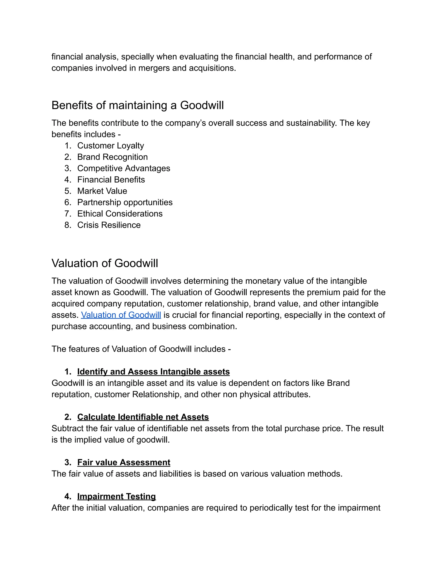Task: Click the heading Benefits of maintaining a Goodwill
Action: tap(138, 105)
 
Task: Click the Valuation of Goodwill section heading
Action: tap(105, 263)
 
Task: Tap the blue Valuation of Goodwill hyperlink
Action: tap(121, 315)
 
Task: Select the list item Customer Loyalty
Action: tap(111, 146)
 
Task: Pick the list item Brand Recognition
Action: tap(112, 157)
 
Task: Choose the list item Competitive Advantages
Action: tap(124, 169)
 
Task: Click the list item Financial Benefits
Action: tap(111, 180)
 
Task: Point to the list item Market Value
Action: tap(102, 191)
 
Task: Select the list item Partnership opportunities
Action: tap(125, 202)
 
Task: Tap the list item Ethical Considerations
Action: tap(120, 214)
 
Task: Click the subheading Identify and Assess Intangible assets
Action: tap(153, 372)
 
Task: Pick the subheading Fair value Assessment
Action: tap(124, 462)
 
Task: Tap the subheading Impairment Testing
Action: tap(117, 496)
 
